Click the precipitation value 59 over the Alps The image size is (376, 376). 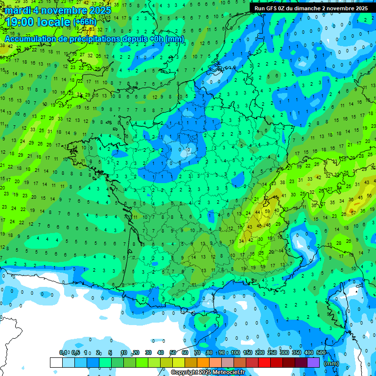267,211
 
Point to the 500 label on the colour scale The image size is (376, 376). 321,353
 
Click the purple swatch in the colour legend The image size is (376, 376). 313,362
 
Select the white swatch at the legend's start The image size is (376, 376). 56,362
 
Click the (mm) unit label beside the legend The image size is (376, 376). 331,363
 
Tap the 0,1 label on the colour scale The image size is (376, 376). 63,353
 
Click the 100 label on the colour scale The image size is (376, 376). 235,353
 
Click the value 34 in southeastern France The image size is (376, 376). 241,240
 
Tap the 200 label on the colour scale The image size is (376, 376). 259,353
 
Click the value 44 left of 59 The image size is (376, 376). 258,213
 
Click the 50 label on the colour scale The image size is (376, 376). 173,353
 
